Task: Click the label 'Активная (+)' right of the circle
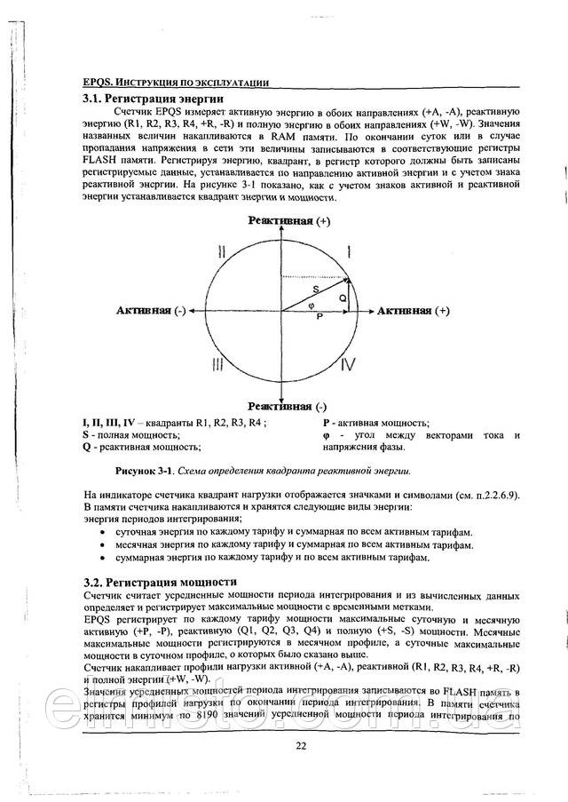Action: (x=414, y=311)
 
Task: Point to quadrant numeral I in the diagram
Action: (x=349, y=252)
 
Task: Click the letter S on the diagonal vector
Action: (x=315, y=289)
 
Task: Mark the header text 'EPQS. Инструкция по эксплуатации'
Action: (x=164, y=82)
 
